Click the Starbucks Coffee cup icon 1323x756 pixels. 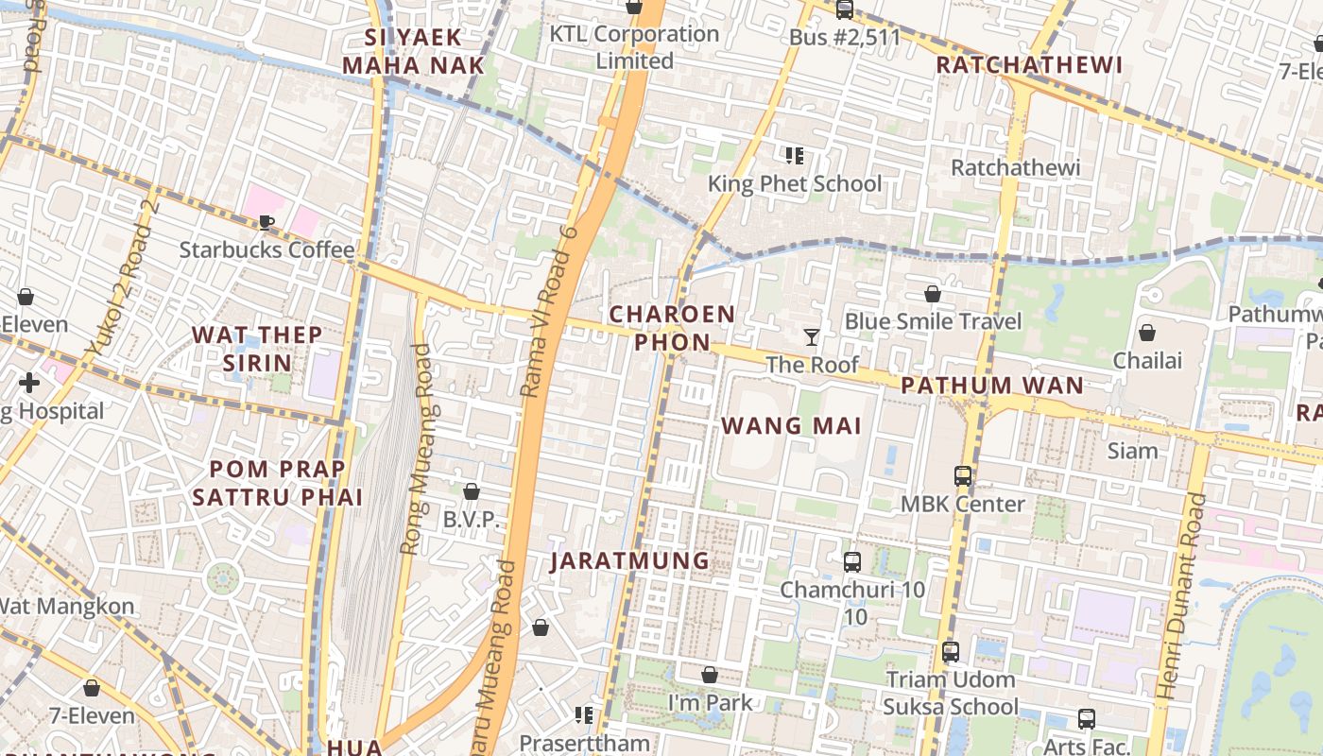(266, 223)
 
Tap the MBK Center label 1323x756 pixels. (962, 504)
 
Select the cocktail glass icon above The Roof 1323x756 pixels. (811, 337)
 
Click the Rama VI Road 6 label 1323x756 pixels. (550, 311)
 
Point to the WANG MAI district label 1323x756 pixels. (791, 426)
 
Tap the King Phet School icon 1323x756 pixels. (794, 156)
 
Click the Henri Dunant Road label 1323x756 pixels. (1181, 596)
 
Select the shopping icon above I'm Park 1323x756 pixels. (710, 675)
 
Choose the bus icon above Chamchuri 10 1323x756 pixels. (851, 562)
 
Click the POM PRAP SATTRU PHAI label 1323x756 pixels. (278, 483)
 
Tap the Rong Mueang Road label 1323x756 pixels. (417, 449)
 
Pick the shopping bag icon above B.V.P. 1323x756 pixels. (471, 491)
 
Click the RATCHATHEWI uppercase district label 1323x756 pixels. (1028, 65)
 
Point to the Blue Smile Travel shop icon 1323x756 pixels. (933, 294)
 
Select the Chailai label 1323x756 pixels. (1146, 360)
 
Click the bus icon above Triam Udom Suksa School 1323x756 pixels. (951, 652)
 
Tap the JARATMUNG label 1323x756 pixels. (629, 560)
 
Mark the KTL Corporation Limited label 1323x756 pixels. (634, 47)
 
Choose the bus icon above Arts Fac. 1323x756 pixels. (1086, 719)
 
